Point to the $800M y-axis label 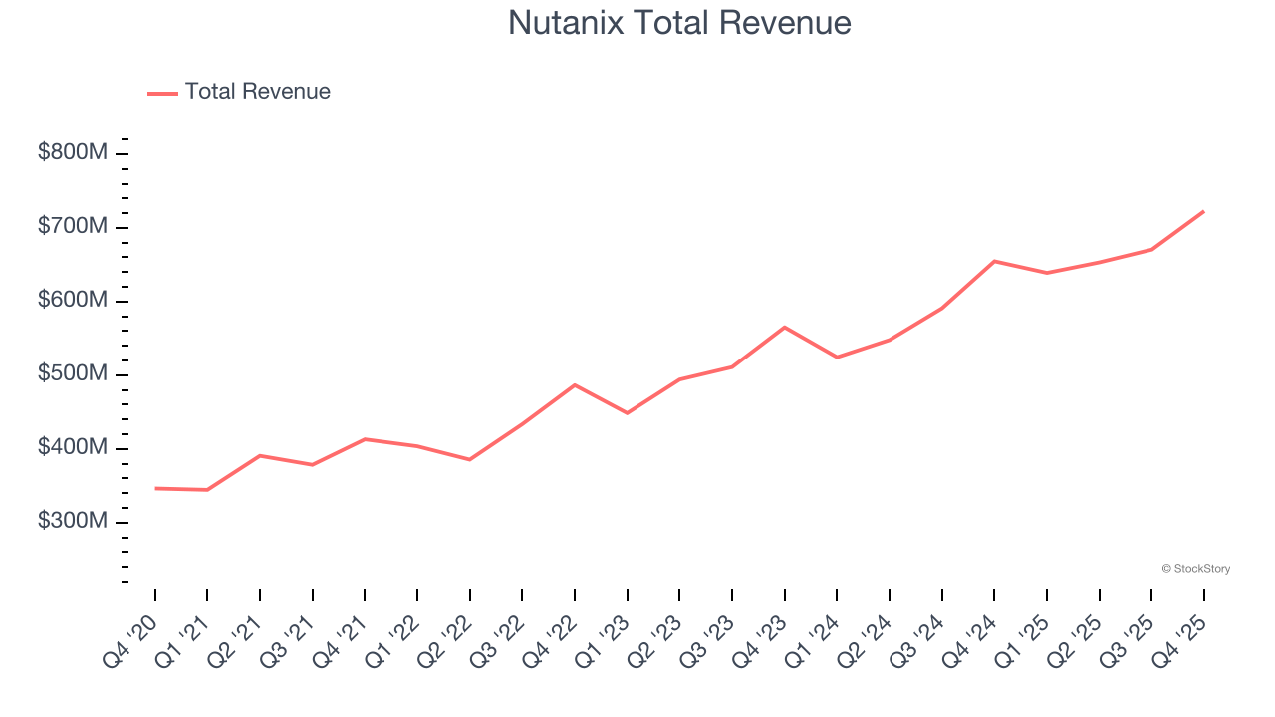[x=73, y=153]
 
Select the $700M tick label [x=73, y=227]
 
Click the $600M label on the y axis [x=73, y=301]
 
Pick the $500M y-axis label [x=73, y=374]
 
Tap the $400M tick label [x=73, y=448]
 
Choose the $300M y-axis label [x=73, y=522]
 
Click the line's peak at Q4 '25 [x=1203, y=211]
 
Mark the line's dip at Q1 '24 [x=837, y=358]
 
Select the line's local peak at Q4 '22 [x=575, y=384]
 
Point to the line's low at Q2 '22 [x=470, y=459]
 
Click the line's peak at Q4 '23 [x=785, y=327]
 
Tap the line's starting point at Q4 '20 [x=155, y=488]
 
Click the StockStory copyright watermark [x=1195, y=569]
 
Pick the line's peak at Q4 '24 [x=994, y=261]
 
